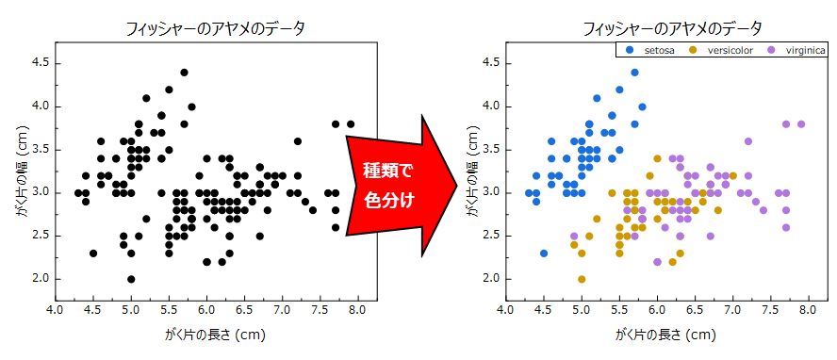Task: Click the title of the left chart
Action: click(x=216, y=28)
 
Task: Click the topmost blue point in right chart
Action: click(x=634, y=72)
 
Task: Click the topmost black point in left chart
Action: click(x=184, y=72)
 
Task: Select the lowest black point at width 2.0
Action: click(x=131, y=279)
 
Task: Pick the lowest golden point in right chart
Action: click(x=582, y=279)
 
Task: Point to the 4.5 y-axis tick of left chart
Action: click(x=41, y=63)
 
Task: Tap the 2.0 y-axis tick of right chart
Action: click(x=491, y=279)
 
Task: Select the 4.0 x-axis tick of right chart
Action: click(x=505, y=308)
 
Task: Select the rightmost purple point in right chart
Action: click(x=801, y=123)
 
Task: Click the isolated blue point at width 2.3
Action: click(x=544, y=253)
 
